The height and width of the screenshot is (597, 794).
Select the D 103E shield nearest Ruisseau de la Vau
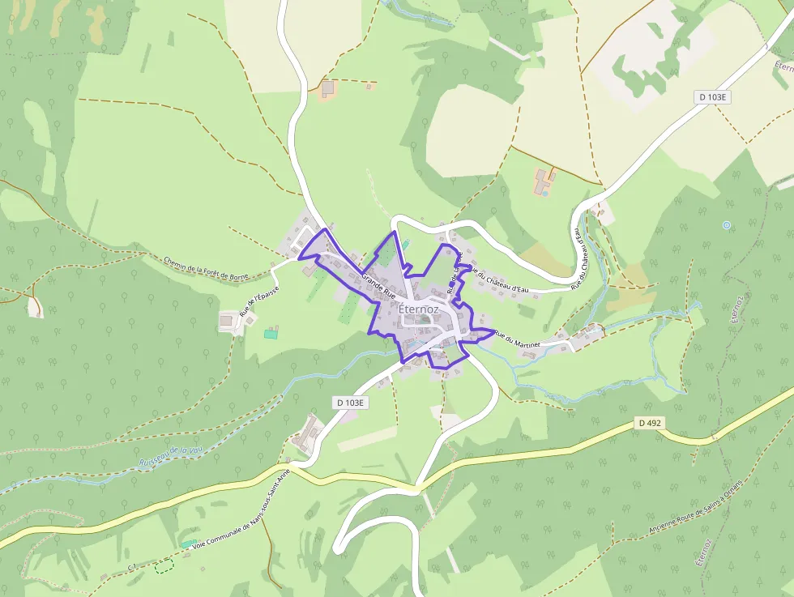pyautogui.click(x=351, y=403)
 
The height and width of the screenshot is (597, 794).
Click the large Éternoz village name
pyautogui.click(x=419, y=309)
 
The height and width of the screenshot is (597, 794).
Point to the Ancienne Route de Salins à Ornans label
pyautogui.click(x=695, y=507)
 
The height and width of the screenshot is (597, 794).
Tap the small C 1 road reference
pyautogui.click(x=131, y=564)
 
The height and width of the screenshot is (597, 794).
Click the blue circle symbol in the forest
pyautogui.click(x=727, y=224)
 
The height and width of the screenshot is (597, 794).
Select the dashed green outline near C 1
pyautogui.click(x=164, y=565)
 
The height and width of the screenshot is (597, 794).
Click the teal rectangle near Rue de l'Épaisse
pyautogui.click(x=271, y=333)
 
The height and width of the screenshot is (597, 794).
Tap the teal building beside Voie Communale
pyautogui.click(x=188, y=544)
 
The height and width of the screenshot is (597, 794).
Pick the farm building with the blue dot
pyautogui.click(x=544, y=183)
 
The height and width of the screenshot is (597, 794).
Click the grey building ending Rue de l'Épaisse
pyautogui.click(x=228, y=322)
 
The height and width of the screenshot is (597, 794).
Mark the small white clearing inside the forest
pyautogui.click(x=35, y=307)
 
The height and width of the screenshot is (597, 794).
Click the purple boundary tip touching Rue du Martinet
pyautogui.click(x=492, y=330)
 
